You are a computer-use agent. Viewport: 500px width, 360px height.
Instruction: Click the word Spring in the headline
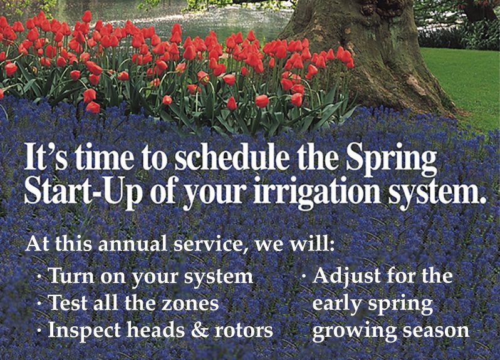pyautogui.click(x=391, y=158)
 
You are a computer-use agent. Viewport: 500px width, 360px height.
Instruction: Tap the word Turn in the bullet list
pyautogui.click(x=71, y=276)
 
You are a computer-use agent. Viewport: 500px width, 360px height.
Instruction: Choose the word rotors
pyautogui.click(x=244, y=331)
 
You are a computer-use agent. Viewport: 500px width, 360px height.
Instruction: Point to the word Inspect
pyautogui.click(x=84, y=331)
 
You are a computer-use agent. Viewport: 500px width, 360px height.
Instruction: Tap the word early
pyautogui.click(x=337, y=304)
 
